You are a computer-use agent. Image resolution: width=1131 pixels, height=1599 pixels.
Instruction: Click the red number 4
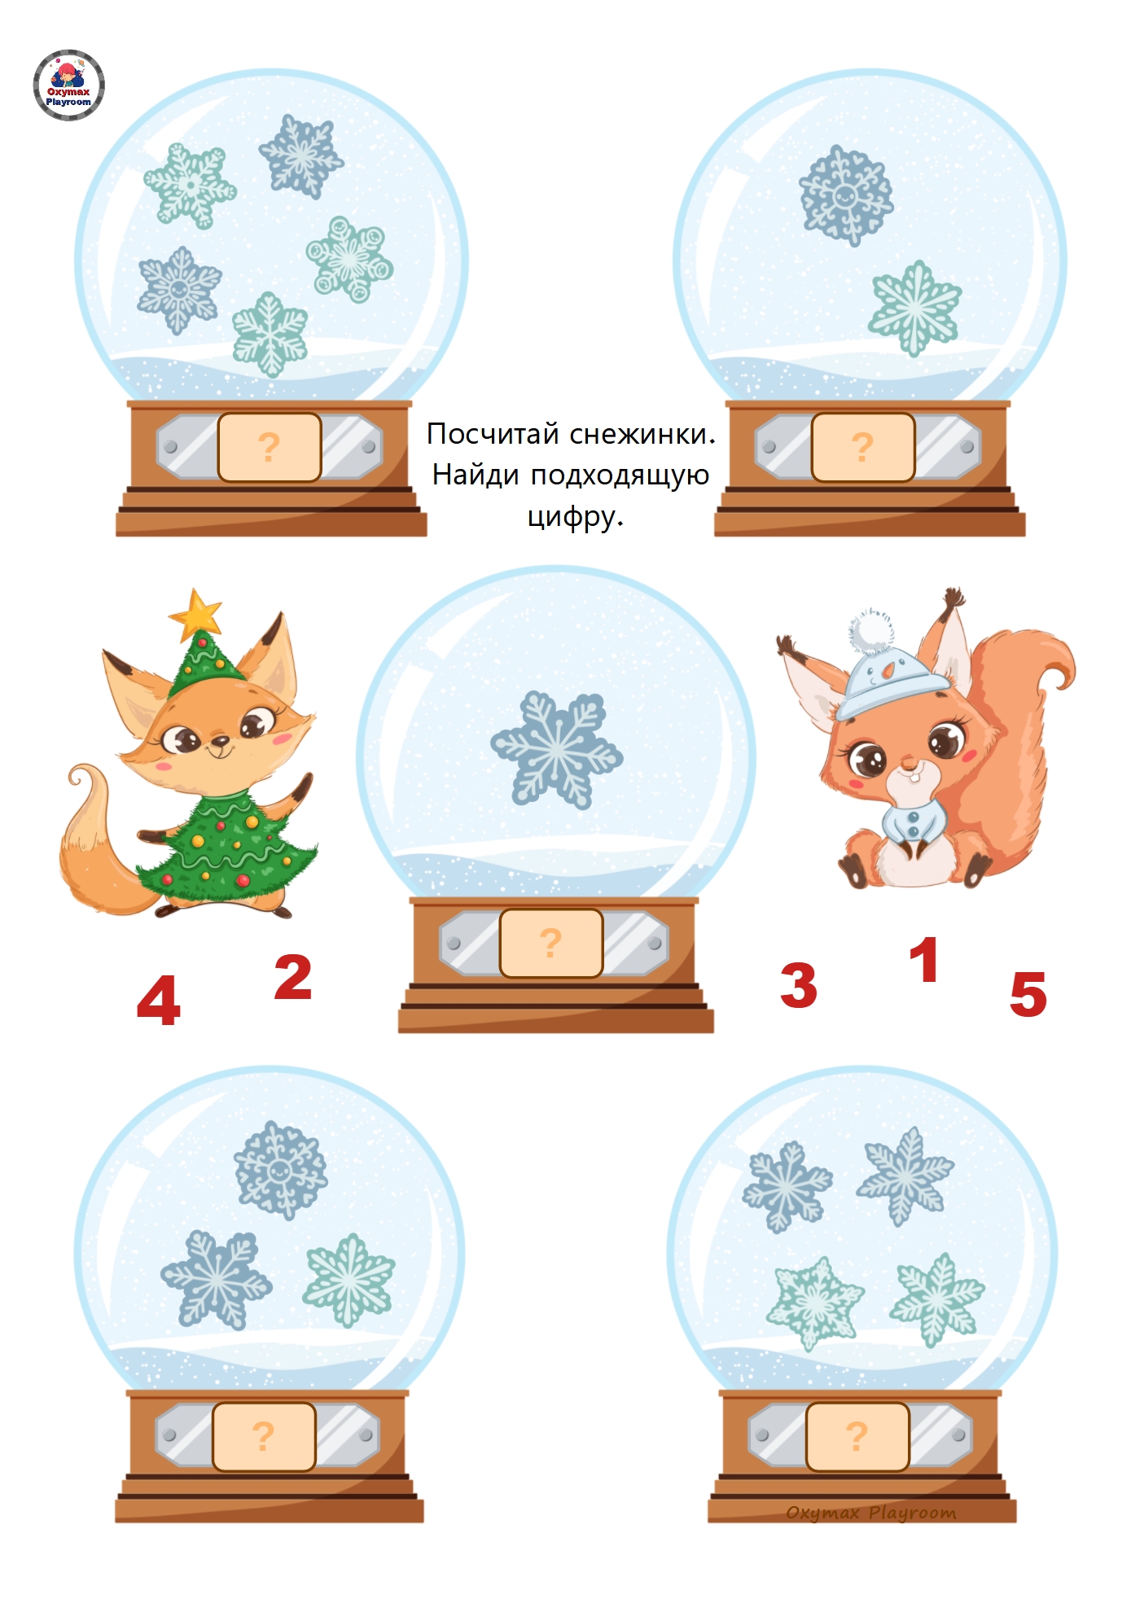point(159,1000)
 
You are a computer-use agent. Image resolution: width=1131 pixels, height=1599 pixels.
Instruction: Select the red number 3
point(799,984)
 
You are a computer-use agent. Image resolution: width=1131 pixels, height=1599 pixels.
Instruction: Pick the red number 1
point(924,959)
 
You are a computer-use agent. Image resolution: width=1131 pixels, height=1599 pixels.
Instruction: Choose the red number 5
point(1028,994)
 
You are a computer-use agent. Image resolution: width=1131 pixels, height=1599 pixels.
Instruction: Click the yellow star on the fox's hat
point(195,614)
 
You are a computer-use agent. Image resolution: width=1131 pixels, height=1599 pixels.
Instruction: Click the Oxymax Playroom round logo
point(69,85)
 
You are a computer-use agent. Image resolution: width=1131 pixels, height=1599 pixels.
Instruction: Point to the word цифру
point(576,516)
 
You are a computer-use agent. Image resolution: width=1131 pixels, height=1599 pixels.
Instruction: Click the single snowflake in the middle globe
point(557,749)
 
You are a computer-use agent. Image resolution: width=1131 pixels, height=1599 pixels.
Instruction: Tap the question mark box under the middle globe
point(551,943)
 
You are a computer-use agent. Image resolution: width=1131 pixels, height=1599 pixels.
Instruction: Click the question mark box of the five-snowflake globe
point(270,447)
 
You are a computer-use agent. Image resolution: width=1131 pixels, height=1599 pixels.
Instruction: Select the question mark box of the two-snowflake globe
point(863,447)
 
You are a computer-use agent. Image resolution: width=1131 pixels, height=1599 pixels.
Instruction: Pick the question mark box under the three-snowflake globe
point(264,1436)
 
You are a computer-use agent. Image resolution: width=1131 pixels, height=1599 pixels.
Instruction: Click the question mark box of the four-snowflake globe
point(857,1436)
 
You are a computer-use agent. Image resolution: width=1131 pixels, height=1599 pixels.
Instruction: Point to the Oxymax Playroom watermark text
point(871,1513)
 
